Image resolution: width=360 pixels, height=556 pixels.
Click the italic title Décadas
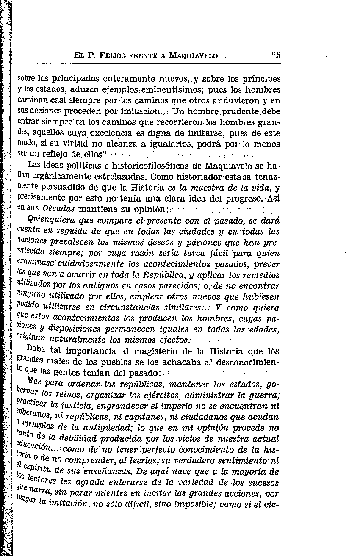click(x=59, y=209)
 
